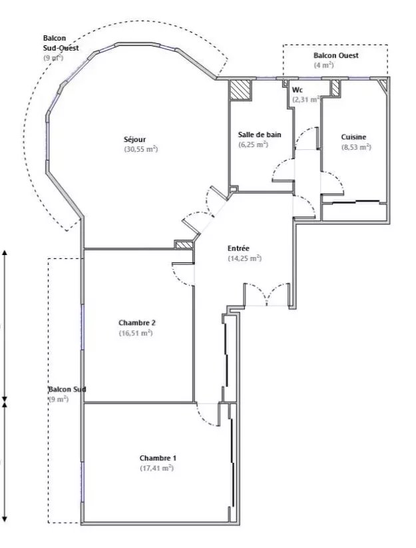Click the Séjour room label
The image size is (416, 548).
pyautogui.click(x=135, y=139)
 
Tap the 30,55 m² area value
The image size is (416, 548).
pyautogui.click(x=141, y=149)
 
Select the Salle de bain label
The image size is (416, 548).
pyautogui.click(x=260, y=135)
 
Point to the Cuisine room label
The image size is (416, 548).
pyautogui.click(x=354, y=137)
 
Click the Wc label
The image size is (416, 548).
pyautogui.click(x=298, y=90)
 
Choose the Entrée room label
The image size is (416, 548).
pyautogui.click(x=238, y=248)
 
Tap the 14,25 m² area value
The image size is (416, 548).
pyautogui.click(x=245, y=258)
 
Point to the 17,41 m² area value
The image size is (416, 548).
pyautogui.click(x=157, y=468)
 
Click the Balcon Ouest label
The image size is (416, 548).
pyautogui.click(x=336, y=55)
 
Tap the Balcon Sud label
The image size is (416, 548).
pyautogui.click(x=67, y=390)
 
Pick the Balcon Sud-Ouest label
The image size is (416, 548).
pyautogui.click(x=61, y=43)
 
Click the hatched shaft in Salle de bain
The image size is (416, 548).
pyautogui.click(x=240, y=90)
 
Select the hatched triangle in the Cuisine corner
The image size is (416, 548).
pyautogui.click(x=384, y=84)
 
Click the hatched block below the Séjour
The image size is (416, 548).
pyautogui.click(x=184, y=245)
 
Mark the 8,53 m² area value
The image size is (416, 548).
pyautogui.click(x=356, y=147)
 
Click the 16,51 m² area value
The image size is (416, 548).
pyautogui.click(x=136, y=333)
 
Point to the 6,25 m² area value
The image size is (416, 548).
pyautogui.click(x=253, y=144)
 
